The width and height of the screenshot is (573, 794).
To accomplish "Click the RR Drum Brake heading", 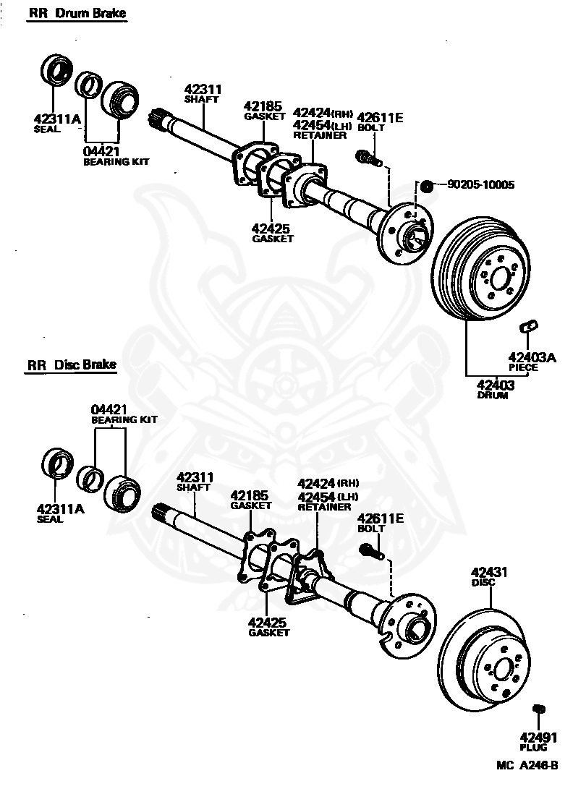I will pos(81,14).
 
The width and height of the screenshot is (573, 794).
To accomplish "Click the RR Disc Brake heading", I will pos(72,364).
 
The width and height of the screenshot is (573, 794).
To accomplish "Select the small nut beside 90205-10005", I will pos(426,187).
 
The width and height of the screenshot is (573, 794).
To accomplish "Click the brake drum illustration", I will pos(480,278).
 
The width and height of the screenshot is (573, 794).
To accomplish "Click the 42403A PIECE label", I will pos(532,361).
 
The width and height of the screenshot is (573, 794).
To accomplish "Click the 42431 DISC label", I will pos(489,576).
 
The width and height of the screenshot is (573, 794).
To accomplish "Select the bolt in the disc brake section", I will pos(368,552).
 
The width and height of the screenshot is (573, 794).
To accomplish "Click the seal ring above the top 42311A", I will pos(56,69).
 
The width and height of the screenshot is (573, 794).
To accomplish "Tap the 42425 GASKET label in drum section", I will pos(272,233).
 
